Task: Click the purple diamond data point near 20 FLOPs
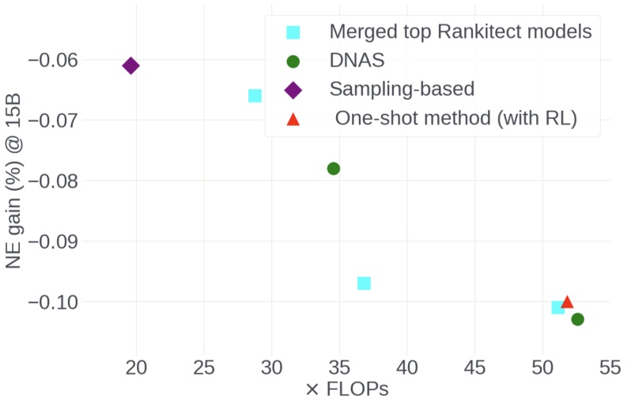point(131,66)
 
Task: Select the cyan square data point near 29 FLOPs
point(255,96)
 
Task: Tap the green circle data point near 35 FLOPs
point(334,169)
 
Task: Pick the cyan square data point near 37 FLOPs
point(364,284)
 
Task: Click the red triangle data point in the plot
point(567,302)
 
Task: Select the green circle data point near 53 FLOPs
point(577,319)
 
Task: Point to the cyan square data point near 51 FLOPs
point(557,307)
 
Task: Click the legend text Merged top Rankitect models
point(460,32)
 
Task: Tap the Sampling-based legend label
point(402,89)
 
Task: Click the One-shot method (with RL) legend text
point(456,118)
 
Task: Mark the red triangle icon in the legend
point(293,119)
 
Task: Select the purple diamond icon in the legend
point(293,90)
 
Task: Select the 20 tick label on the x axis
point(137,368)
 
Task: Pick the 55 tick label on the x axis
point(609,368)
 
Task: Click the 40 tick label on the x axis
point(406,368)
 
